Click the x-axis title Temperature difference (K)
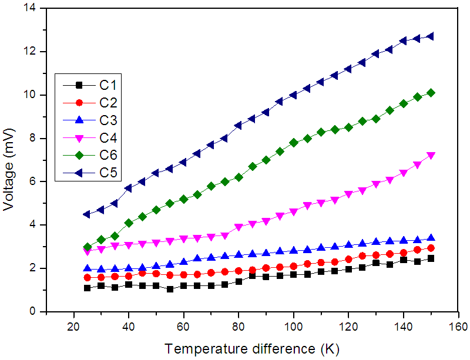(249, 348)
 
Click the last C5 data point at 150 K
(431, 36)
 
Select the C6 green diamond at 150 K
(431, 93)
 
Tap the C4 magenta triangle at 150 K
(431, 156)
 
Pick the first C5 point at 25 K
(87, 214)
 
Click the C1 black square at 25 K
(87, 288)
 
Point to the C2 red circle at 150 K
(431, 248)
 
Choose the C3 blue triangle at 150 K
(431, 238)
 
